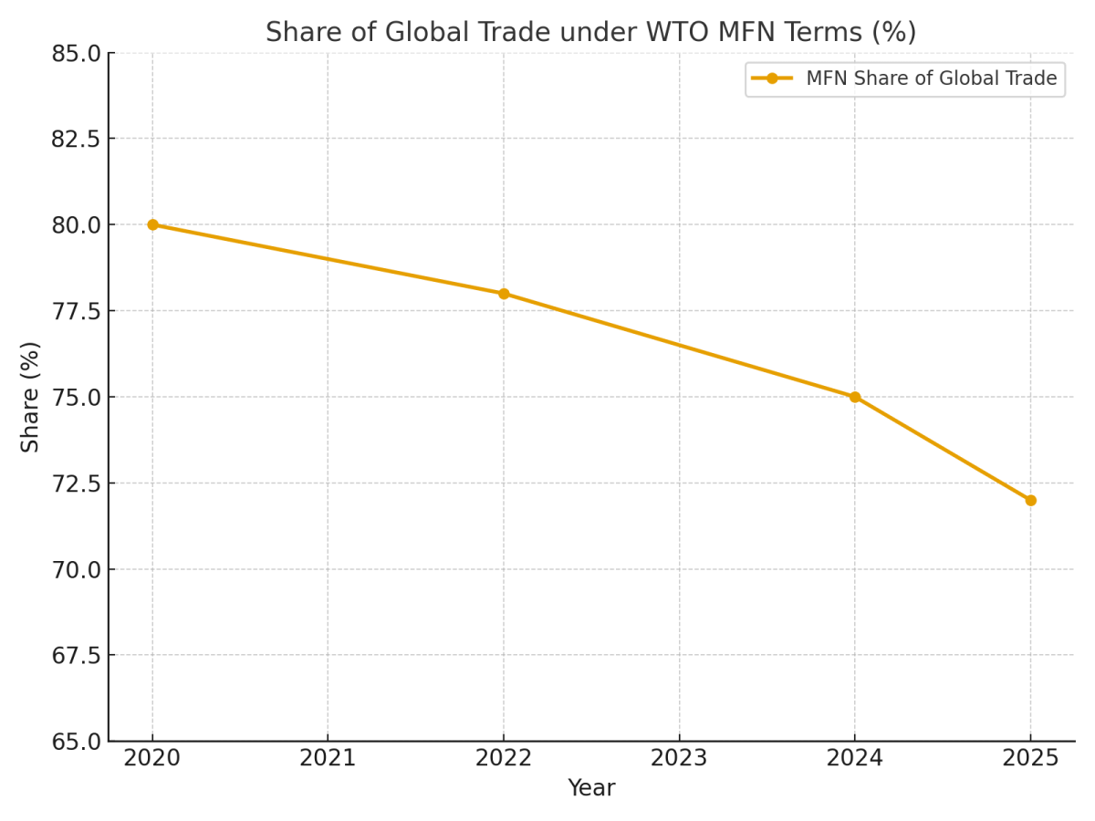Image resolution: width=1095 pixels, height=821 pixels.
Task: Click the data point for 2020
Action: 152,224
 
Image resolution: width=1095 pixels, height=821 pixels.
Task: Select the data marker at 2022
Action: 504,294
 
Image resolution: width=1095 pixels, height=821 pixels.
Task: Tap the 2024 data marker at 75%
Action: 855,397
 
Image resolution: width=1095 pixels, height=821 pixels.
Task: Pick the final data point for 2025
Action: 1030,500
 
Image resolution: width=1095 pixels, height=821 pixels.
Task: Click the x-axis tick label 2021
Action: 328,758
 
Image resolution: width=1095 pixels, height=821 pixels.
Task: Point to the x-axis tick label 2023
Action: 679,758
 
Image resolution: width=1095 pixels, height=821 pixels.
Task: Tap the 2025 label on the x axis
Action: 1030,758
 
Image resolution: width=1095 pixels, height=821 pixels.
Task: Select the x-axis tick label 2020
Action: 152,758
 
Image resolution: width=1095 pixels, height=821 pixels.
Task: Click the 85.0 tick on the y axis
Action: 76,54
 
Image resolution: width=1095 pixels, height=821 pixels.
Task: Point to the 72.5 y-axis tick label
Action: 76,483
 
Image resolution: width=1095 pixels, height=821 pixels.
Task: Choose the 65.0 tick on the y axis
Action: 76,742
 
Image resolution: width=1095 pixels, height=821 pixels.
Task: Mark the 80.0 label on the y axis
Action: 76,225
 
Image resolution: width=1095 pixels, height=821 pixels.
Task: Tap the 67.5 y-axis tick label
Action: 76,656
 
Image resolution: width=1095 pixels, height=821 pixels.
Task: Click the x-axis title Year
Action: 591,788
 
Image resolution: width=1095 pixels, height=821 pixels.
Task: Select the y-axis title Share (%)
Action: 31,397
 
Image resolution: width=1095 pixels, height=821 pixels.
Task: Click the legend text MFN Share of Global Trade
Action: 931,78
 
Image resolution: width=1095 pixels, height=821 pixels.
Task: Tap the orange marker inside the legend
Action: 772,78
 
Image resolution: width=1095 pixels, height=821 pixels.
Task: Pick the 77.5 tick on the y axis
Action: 76,311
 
